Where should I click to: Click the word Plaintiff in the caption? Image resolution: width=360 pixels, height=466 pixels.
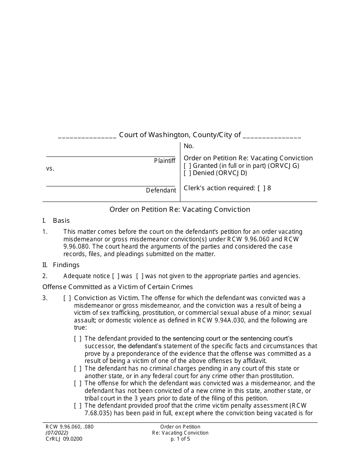click(164, 161)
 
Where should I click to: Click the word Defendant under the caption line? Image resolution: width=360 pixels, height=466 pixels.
click(161, 191)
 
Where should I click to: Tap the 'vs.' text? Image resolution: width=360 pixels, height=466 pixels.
click(50, 169)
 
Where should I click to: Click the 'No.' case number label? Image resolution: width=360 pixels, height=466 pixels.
click(188, 146)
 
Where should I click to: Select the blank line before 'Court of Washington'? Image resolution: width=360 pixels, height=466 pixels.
click(87, 135)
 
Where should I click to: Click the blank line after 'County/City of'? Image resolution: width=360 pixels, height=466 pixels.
click(272, 135)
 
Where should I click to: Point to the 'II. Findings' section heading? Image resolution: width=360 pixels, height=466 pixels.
click(61, 265)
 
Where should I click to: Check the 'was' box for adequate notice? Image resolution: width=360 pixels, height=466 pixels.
click(116, 276)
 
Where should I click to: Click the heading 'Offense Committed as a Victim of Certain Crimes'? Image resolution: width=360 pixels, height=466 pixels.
click(117, 287)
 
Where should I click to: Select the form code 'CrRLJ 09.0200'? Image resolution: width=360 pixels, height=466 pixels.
click(64, 439)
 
